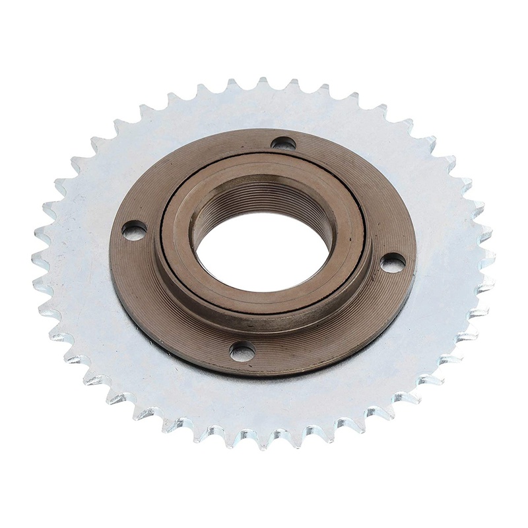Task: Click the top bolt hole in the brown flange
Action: click(284, 143)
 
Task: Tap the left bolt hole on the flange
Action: click(134, 230)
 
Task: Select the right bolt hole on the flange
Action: click(393, 263)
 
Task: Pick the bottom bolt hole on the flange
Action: click(242, 350)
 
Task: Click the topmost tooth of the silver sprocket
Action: click(263, 83)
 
